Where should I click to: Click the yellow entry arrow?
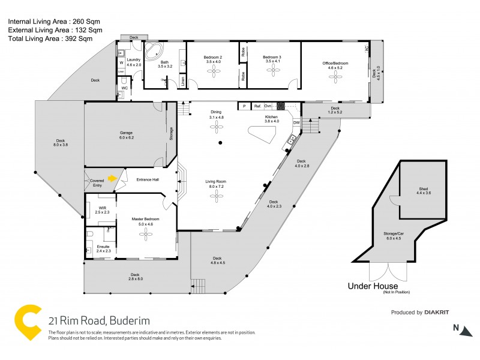pos(112,178)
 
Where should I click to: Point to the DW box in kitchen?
pos(296,123)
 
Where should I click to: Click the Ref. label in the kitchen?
pos(257,106)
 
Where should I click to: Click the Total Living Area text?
pos(50,38)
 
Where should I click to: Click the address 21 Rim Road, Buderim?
pos(99,321)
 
